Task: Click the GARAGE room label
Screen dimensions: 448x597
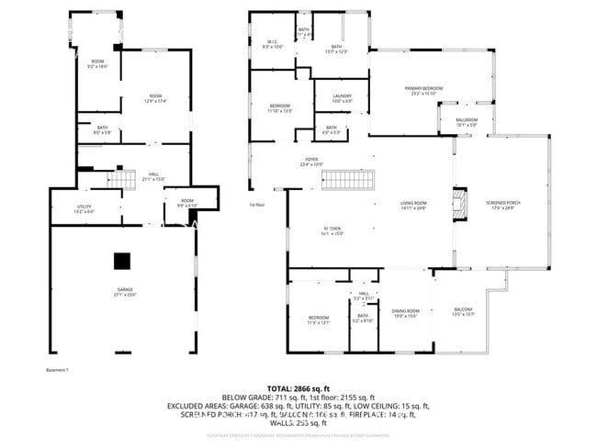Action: click(x=125, y=291)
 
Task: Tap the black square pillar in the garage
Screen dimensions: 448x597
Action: click(x=122, y=262)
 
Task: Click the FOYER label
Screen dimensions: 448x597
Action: click(x=298, y=161)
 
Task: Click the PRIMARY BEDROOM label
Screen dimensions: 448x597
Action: click(x=424, y=89)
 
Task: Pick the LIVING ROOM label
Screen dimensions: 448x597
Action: click(x=413, y=203)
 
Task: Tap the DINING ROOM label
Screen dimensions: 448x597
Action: click(x=406, y=312)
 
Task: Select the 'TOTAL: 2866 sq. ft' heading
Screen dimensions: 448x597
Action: click(x=298, y=388)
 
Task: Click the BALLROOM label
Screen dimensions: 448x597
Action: click(x=467, y=120)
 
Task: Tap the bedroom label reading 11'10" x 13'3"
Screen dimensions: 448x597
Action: click(x=280, y=108)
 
